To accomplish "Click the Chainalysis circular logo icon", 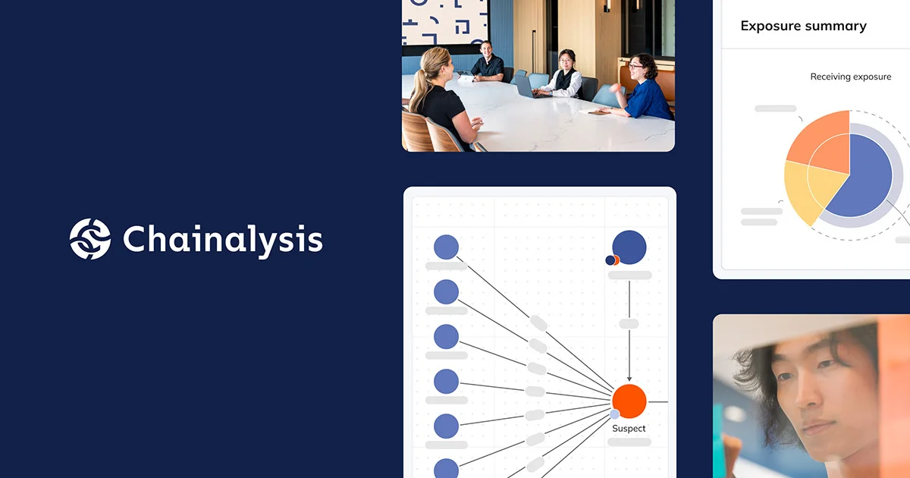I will click(90, 239).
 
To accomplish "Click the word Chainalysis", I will click(222, 239).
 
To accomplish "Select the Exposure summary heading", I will click(803, 26).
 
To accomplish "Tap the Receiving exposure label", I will click(851, 77).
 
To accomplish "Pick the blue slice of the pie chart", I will click(861, 178).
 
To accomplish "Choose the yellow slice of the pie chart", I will click(805, 192).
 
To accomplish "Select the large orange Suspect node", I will click(629, 401).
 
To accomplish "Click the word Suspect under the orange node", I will click(629, 429).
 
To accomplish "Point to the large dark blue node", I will click(629, 247).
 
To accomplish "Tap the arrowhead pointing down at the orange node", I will click(629, 378).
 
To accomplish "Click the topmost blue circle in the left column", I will click(446, 247).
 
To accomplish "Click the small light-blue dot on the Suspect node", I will click(614, 414).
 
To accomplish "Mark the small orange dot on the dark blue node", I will click(617, 259).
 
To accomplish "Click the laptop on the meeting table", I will click(523, 86).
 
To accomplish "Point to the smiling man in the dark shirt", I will click(487, 63).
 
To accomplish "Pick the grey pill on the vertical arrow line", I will click(629, 323).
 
